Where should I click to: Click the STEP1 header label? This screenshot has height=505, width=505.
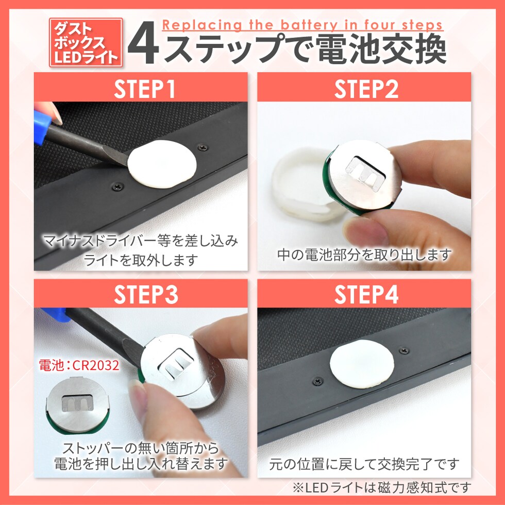[145, 89]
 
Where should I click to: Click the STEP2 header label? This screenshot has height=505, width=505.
[366, 89]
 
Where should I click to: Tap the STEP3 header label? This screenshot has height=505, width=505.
[146, 295]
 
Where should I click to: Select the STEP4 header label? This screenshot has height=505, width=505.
[366, 295]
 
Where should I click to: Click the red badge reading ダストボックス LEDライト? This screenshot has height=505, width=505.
[86, 42]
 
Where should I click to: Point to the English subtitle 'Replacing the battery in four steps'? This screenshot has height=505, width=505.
[302, 25]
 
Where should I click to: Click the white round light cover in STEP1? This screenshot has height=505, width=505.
[162, 164]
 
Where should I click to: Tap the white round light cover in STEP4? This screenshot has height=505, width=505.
[361, 363]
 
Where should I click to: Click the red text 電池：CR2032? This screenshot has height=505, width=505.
[79, 365]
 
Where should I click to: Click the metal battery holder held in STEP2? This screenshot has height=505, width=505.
[363, 178]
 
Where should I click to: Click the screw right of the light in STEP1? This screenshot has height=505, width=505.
[202, 147]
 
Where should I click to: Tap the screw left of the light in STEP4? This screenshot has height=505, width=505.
[317, 381]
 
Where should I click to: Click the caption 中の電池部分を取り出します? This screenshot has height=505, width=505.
[364, 255]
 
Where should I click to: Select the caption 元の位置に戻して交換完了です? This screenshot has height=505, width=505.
[364, 464]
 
